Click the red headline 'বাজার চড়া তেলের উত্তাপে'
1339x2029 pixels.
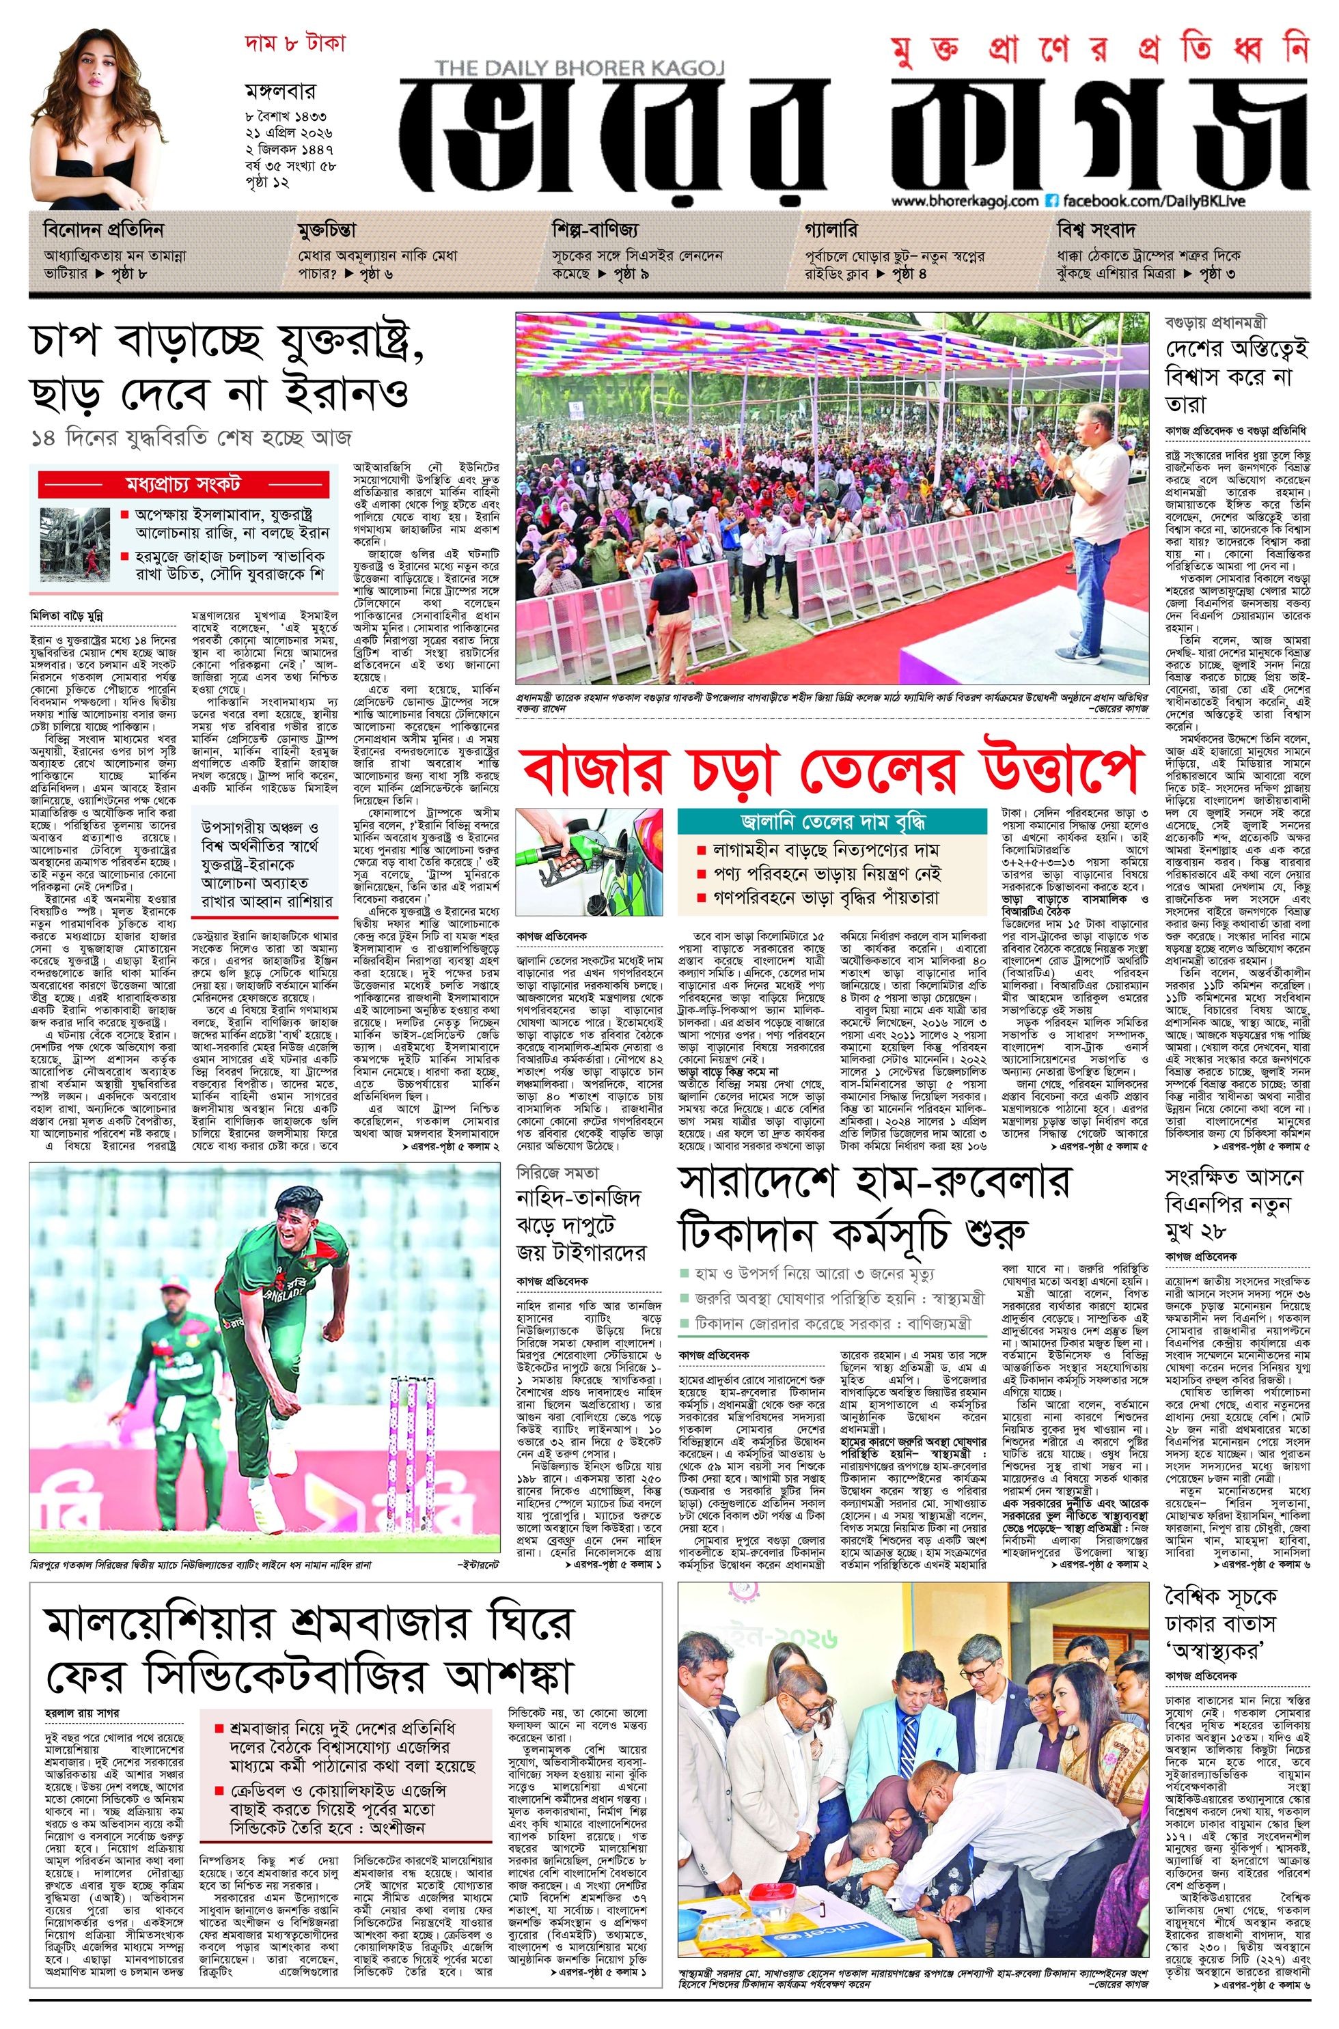[832, 773]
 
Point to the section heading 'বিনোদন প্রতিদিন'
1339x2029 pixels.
[103, 230]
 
